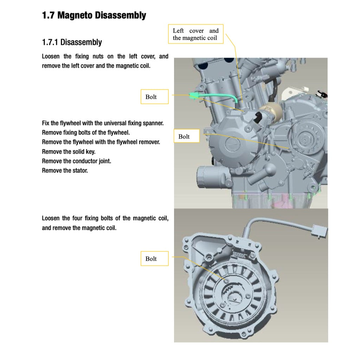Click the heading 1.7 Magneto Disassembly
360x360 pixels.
(x=94, y=15)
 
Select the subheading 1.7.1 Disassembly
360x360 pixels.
(x=72, y=42)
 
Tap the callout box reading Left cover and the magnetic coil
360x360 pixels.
(x=195, y=34)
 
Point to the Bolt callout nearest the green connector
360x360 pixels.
(x=151, y=97)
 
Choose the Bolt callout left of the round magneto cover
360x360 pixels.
(x=184, y=136)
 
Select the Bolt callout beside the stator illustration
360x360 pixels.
(x=151, y=259)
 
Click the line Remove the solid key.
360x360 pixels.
(x=69, y=152)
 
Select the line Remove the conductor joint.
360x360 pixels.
(x=76, y=161)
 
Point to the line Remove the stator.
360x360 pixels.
(x=65, y=171)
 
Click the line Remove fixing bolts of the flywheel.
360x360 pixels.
(x=86, y=133)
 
